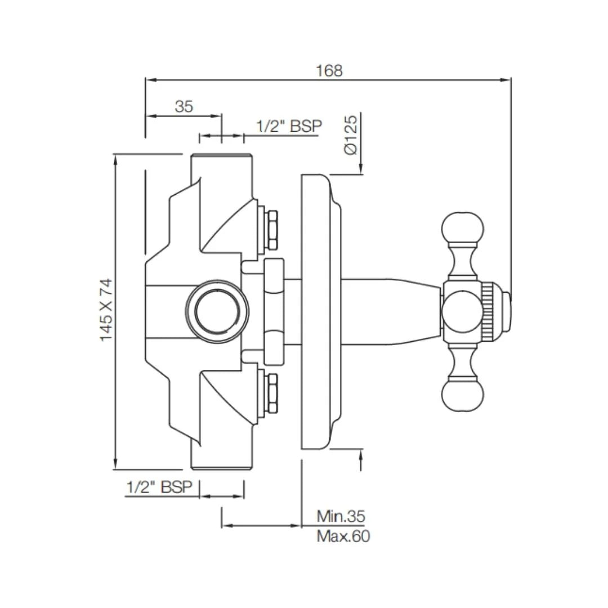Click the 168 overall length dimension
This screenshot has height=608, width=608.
coord(329,70)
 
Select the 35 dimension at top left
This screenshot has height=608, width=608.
coord(184,106)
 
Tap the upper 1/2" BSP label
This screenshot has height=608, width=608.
coord(289,126)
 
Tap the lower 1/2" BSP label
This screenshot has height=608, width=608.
coord(159,487)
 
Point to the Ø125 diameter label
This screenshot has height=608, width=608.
coord(350,135)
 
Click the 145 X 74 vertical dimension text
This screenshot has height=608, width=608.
coord(106,310)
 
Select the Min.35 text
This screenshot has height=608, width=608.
coord(341,516)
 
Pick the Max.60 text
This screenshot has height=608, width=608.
coord(343,536)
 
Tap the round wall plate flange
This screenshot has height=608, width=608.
coord(319,311)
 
